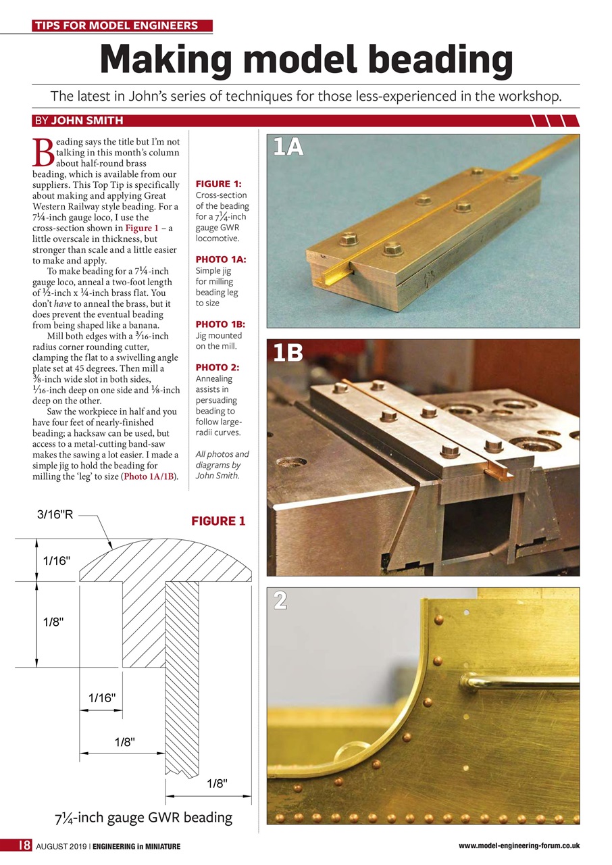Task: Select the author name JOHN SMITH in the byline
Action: click(86, 121)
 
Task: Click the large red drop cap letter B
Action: click(43, 153)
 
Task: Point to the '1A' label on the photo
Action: click(288, 147)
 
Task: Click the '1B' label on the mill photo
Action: click(288, 353)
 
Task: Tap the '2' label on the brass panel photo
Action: click(280, 600)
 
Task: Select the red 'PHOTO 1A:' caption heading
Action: click(220, 259)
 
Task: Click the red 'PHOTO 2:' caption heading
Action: click(216, 368)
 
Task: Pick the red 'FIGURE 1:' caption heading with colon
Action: click(218, 184)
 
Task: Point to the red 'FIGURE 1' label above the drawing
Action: click(218, 521)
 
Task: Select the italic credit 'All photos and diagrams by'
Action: click(222, 460)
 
